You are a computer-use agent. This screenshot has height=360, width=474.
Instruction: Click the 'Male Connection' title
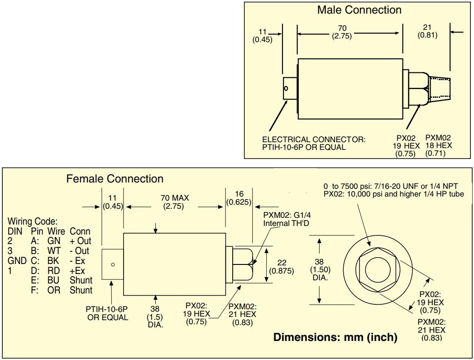click(359, 10)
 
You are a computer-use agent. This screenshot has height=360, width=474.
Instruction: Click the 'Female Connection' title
click(115, 179)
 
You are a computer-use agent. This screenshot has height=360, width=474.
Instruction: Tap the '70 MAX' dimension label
click(175, 198)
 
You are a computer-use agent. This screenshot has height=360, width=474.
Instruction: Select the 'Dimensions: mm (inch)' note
click(335, 337)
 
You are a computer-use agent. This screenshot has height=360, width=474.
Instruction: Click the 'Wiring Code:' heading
click(33, 222)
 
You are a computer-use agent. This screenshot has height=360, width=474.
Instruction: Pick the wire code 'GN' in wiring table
click(54, 241)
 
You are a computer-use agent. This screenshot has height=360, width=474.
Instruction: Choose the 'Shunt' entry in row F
click(81, 290)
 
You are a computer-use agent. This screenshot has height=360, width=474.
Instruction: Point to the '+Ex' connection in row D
click(77, 271)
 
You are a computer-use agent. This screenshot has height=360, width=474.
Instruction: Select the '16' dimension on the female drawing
click(239, 194)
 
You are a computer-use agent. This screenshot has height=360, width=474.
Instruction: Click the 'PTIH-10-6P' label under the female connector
click(107, 309)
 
